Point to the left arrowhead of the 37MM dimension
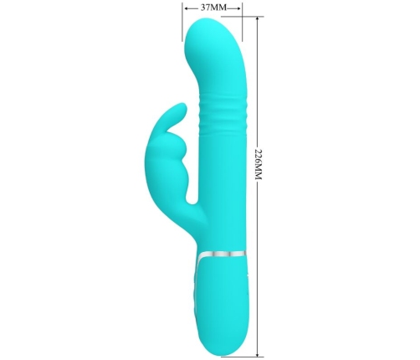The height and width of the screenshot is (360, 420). pos(183,8)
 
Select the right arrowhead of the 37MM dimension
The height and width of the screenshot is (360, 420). pos(240,8)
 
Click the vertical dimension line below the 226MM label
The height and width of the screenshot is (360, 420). pos(258,268)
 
